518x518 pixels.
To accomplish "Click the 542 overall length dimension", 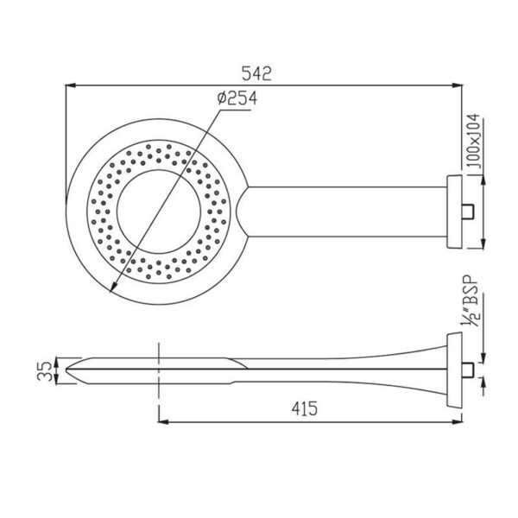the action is point(256,73).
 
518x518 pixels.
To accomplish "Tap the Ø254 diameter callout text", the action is point(237,98).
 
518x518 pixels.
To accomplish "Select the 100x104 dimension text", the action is point(474,141).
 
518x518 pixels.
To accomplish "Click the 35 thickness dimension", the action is point(45,371).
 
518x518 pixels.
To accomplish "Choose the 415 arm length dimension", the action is point(304,408).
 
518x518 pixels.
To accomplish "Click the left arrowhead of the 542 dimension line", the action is point(71,85).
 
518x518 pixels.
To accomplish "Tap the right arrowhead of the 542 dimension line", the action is point(457,85).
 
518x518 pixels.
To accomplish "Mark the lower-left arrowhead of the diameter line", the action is point(113,287).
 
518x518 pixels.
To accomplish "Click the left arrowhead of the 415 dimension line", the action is point(164,422).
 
